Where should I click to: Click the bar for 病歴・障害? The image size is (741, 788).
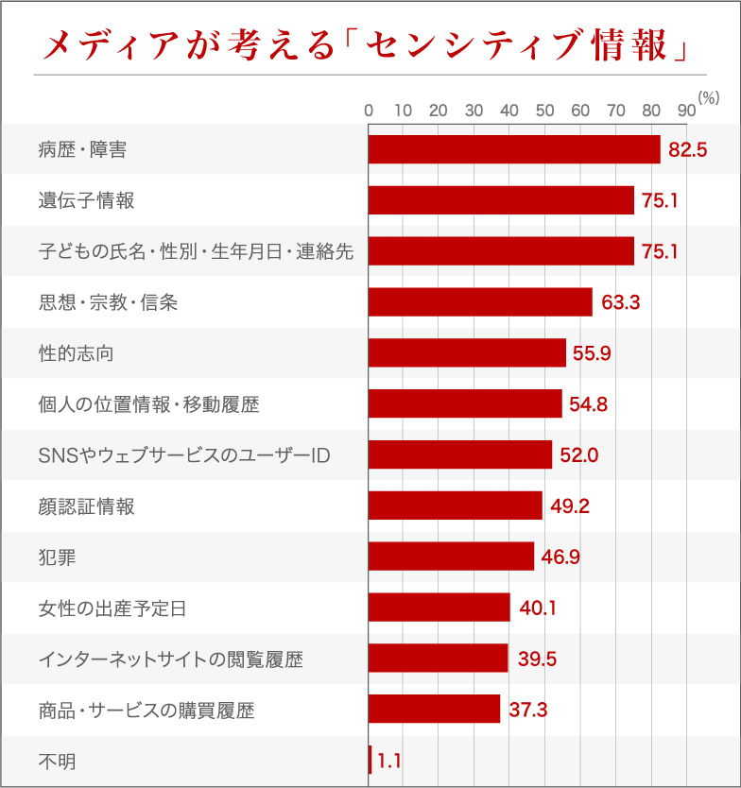coord(513,149)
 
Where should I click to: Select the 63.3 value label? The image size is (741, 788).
coord(621,302)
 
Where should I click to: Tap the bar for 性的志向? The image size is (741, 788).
coord(467,352)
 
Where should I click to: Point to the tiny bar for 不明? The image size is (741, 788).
coord(370,760)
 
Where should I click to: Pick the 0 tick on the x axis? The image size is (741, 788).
coord(369,111)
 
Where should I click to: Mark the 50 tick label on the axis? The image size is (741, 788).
coord(544,111)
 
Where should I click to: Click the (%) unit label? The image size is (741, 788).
coord(709,97)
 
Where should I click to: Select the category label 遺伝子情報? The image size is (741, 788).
coord(86,200)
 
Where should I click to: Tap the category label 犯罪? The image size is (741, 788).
coord(57,557)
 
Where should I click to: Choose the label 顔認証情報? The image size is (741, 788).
coord(86,506)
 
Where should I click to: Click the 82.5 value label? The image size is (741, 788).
coord(687,149)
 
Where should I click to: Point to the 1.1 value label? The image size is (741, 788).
coord(388,760)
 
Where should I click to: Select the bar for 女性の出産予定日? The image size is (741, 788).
coord(439,608)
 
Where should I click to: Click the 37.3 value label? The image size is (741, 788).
coord(527,710)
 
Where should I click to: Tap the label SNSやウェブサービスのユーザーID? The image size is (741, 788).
coord(183,455)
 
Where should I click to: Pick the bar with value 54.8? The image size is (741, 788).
coord(465,403)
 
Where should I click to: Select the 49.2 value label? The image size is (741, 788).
coord(570,506)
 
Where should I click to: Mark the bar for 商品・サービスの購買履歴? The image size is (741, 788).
coord(434,709)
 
